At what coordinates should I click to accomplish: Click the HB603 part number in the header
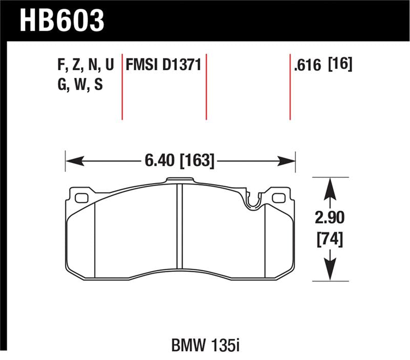click(62, 21)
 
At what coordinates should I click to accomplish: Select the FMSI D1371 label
click(162, 66)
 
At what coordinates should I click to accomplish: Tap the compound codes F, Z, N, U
click(85, 66)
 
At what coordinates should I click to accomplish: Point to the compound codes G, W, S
click(80, 85)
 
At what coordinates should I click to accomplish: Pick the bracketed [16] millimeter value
click(341, 66)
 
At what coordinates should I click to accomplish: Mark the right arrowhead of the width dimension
click(288, 161)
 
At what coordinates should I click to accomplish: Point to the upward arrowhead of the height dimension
click(330, 187)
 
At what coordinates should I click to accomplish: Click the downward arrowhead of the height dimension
click(330, 272)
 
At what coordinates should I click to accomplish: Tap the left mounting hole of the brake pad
click(81, 198)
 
